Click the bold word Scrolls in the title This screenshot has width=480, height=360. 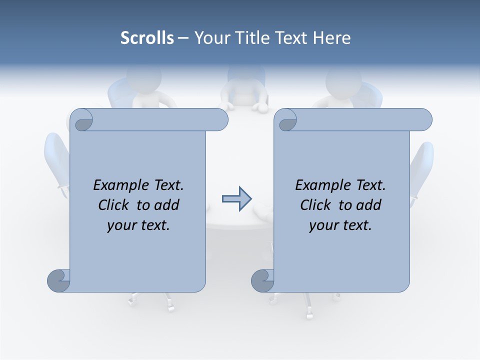147,38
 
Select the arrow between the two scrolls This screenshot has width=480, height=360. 236,199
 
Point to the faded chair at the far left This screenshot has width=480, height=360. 56,160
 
